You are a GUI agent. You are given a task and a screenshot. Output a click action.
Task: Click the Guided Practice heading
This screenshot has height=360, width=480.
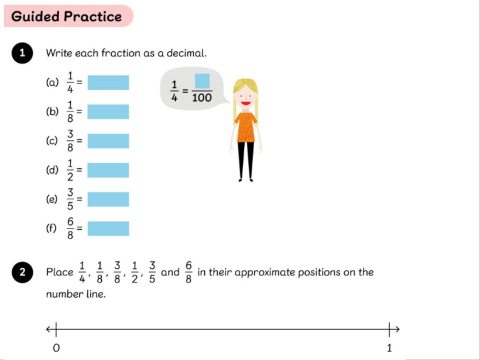[67, 16]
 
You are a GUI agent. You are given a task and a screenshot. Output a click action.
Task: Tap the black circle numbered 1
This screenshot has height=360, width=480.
[22, 53]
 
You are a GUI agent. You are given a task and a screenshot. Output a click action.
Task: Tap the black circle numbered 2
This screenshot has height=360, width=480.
[22, 272]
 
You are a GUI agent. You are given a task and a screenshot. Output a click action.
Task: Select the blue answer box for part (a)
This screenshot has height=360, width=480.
[108, 82]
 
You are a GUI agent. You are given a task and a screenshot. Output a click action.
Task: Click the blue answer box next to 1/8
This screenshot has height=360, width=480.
[108, 112]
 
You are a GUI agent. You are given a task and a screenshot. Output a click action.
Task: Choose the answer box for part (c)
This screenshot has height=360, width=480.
[108, 141]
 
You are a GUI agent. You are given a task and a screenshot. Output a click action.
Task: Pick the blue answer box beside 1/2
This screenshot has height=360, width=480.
[108, 170]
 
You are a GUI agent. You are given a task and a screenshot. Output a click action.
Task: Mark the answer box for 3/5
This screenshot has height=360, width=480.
[108, 199]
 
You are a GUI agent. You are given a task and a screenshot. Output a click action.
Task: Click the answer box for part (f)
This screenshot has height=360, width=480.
[108, 229]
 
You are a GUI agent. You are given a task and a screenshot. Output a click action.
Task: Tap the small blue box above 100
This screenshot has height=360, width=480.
[202, 81]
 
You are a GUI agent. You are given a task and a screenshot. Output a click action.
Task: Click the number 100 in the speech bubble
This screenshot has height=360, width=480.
[202, 97]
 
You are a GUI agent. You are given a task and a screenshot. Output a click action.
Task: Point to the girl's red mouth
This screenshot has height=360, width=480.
[246, 103]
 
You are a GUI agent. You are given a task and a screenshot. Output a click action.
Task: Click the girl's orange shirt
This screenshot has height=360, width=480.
[246, 127]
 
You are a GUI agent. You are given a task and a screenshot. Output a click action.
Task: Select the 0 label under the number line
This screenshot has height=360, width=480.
[56, 348]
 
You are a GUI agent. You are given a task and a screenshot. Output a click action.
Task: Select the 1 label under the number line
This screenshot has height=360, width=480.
[390, 348]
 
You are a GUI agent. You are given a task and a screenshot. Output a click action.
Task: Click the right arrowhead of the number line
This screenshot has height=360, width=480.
[397, 330]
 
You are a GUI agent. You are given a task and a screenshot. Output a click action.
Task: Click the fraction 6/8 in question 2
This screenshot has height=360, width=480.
[188, 272]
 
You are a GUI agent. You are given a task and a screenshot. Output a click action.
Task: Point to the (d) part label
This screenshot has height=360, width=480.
[52, 170]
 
